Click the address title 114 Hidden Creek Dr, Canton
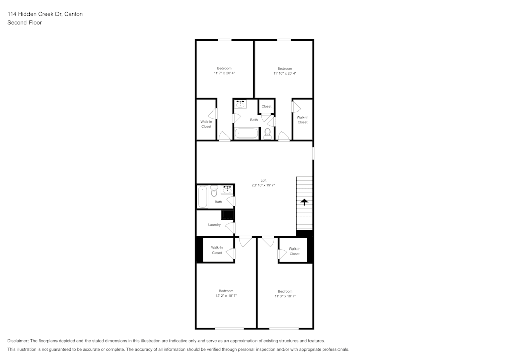(45, 14)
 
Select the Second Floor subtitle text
(24, 23)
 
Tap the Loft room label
(263, 180)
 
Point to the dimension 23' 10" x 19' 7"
(263, 185)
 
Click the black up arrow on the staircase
(304, 202)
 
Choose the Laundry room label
(214, 225)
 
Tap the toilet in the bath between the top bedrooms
(268, 133)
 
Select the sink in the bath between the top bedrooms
(241, 104)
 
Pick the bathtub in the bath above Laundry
(202, 197)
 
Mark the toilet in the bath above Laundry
(214, 192)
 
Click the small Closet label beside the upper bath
(267, 106)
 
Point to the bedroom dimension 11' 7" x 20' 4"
(224, 73)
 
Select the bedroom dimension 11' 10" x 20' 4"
(285, 73)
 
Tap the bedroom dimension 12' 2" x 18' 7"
(226, 296)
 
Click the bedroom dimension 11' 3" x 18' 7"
(285, 296)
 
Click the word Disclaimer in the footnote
(18, 341)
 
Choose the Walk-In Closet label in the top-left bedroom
(206, 124)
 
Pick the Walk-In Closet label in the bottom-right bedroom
(294, 251)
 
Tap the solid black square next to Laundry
(227, 215)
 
